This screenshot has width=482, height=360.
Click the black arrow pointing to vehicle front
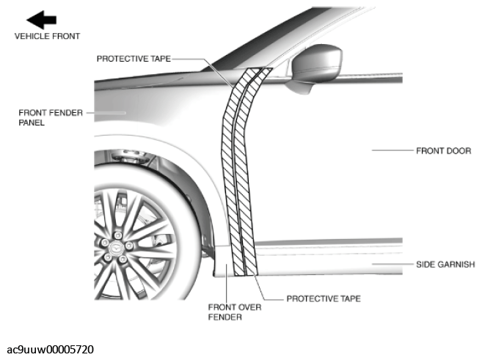[x=42, y=20]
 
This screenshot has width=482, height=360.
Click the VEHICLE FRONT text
[x=47, y=36]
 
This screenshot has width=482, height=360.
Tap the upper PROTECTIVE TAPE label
[x=134, y=59]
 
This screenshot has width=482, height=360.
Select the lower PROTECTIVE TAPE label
[x=324, y=298]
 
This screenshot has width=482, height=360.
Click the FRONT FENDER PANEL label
[x=51, y=117]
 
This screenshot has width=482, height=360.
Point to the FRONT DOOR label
[x=444, y=151]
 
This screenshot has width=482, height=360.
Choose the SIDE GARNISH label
[x=445, y=265]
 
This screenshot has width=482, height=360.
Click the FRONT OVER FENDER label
[x=235, y=312]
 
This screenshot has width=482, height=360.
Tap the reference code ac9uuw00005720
[x=50, y=350]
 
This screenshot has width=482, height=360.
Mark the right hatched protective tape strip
[x=245, y=172]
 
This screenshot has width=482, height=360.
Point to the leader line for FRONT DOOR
[x=392, y=150]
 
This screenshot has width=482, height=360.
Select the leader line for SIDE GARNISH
[x=392, y=264]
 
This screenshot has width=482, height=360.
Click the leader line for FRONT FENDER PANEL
[x=106, y=113]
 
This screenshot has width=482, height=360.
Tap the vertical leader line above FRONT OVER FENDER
[x=226, y=283]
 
